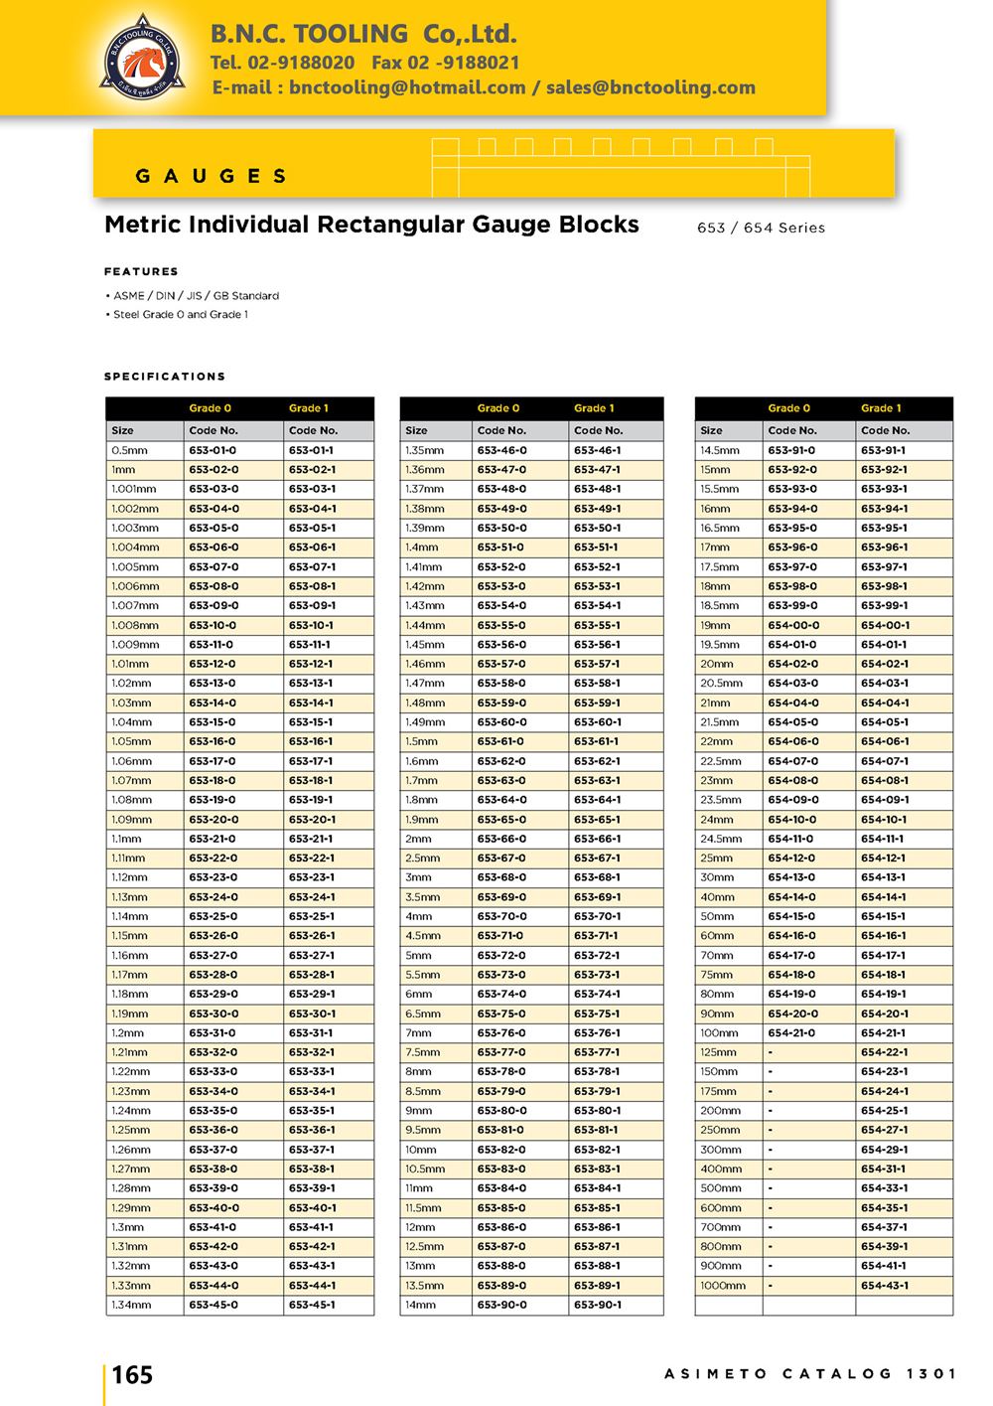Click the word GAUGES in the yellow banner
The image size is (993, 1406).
pos(211,176)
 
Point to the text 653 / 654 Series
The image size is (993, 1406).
pos(761,228)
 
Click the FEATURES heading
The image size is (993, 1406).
pos(141,271)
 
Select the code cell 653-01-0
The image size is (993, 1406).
pos(213,450)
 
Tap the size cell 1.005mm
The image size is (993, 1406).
pos(135,566)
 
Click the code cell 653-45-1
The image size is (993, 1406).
pos(312,1305)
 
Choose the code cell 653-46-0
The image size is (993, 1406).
pos(501,450)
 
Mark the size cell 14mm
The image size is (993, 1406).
pos(420,1305)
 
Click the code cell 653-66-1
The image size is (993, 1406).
pos(597,839)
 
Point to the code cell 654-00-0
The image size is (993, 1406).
pos(793,625)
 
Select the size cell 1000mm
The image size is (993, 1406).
pos(723,1286)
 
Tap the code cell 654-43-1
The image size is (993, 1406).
pos(884,1286)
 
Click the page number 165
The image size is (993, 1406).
pos(132,1375)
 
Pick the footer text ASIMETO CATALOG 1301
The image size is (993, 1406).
pos(810,1374)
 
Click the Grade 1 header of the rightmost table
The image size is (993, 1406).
pos(881,408)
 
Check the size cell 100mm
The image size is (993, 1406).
pos(719,1033)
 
